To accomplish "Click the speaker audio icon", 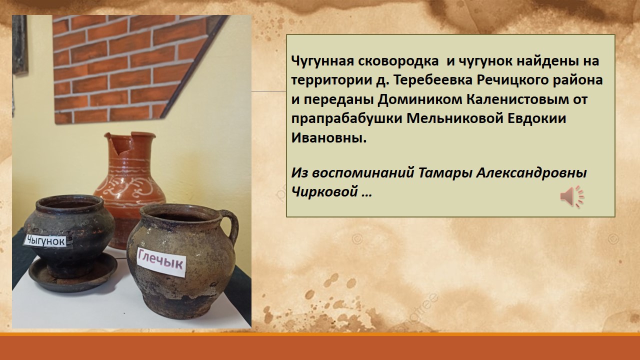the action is click(572, 196).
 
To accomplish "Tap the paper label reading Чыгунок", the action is click(45, 241).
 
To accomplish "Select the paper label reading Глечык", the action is click(161, 261).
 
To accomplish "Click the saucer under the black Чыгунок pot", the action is click(73, 274).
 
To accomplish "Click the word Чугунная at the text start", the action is click(322, 61).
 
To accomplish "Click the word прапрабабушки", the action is click(347, 119).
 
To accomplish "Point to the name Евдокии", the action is click(536, 118).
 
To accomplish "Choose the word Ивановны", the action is click(328, 138).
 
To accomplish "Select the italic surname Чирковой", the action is click(325, 191).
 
